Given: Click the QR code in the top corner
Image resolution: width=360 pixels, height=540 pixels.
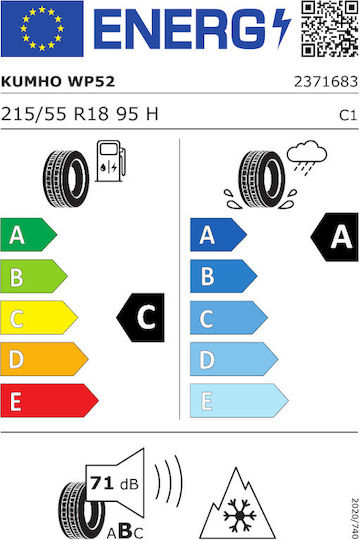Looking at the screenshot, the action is pos(330,29).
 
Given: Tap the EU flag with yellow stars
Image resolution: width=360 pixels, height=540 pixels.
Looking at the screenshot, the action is pos(42,29).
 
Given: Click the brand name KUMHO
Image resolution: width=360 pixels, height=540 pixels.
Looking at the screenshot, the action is pos(31,82).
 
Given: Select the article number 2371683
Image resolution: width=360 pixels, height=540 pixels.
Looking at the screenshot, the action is pos(326,82).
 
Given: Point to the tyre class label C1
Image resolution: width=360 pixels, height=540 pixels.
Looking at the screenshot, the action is pos(348,115).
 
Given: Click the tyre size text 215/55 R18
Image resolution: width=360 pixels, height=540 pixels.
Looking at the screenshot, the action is pos(55,114).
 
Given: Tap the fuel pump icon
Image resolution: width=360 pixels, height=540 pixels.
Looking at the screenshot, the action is pos(111,161).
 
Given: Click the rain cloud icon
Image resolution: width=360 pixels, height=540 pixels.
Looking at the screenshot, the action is pos(307,157).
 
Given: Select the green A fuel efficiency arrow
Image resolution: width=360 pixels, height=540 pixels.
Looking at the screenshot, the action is pos(29,235).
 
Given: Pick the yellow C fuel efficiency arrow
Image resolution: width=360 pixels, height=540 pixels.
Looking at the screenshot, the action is pos(39,318).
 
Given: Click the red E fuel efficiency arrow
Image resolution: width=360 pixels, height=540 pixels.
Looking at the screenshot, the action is pos(49,400).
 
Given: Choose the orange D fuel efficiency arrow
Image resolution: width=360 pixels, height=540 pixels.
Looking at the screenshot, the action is pos(44,359).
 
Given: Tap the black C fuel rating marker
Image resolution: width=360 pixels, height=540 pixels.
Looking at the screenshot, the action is pos(141,318).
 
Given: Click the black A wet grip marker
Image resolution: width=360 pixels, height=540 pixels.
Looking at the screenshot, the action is pos(335,237).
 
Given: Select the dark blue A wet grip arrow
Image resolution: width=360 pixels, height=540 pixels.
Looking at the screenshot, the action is pos(218,235).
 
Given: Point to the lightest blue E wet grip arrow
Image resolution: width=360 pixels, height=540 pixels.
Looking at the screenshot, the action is pos(239,400).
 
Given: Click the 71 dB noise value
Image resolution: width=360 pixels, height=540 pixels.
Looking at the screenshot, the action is pos(114,484).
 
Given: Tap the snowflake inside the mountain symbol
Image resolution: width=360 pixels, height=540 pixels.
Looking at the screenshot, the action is pos(239,515).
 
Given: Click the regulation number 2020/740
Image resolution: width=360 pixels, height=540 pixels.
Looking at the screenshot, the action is pos(355,518).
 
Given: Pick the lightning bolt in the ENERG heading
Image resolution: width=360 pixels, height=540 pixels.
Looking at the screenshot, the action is pos(282,28).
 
